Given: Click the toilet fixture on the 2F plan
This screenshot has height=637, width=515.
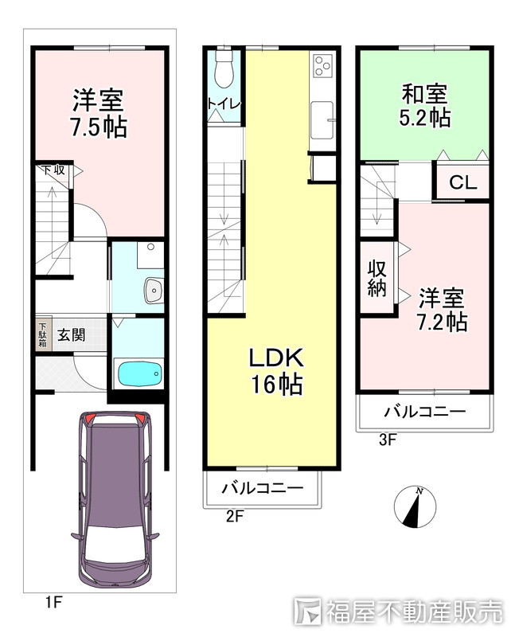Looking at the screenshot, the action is (224, 67).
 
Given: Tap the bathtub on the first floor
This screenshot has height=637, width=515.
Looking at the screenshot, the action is (139, 373).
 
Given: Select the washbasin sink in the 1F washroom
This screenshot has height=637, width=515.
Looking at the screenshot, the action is (153, 290).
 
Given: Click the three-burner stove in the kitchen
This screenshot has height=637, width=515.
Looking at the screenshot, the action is (323, 65).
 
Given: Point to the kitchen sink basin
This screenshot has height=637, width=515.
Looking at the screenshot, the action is (322, 120).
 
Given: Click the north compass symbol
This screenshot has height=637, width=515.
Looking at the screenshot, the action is (415, 506).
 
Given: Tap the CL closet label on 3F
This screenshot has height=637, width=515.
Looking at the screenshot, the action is (462, 183).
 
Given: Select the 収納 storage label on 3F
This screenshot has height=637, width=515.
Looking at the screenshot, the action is (377, 279).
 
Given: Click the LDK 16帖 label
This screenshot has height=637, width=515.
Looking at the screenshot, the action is (276, 371).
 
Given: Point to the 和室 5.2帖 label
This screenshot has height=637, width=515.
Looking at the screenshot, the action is (425, 106).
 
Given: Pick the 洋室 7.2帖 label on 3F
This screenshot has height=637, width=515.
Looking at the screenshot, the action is (442, 310).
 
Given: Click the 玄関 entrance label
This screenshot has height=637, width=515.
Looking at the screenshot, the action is (71, 335).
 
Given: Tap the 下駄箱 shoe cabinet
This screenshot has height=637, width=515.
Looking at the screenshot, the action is (43, 335).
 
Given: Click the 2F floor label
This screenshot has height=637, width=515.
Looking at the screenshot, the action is (234, 517).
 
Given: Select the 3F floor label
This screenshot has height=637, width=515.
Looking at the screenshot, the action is (387, 440).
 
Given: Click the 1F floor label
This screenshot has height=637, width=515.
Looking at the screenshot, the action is (53, 602).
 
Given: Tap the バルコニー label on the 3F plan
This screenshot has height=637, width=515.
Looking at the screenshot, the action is (425, 412).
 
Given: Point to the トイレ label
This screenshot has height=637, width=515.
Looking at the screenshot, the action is (224, 104).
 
